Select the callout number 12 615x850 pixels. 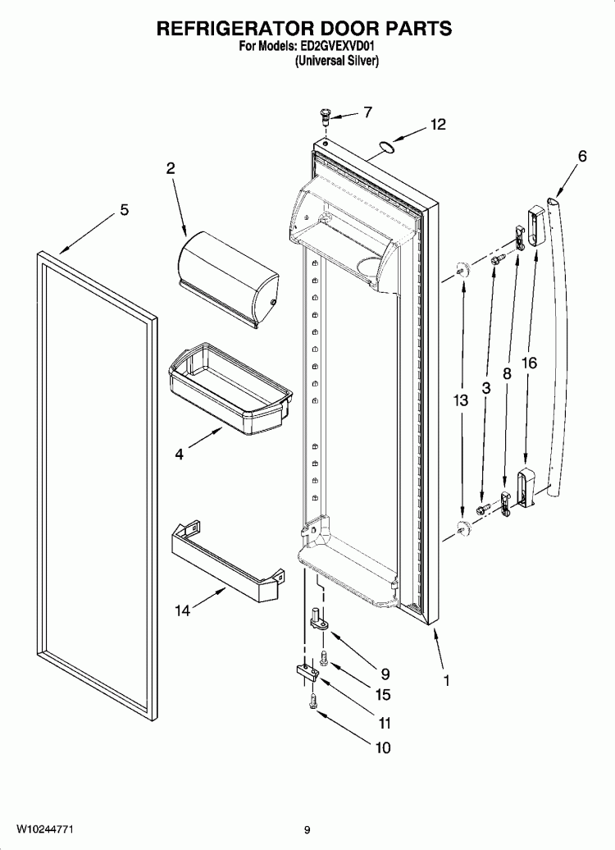tap(438, 125)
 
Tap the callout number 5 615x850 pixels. tap(124, 210)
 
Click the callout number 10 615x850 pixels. tap(382, 747)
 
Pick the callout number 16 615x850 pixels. tap(529, 362)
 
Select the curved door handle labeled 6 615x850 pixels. tap(554, 345)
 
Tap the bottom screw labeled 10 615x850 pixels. tap(312, 702)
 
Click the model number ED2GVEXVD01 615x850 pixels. tap(339, 48)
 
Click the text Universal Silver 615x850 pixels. tap(336, 61)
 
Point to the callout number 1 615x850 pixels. tap(447, 680)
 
